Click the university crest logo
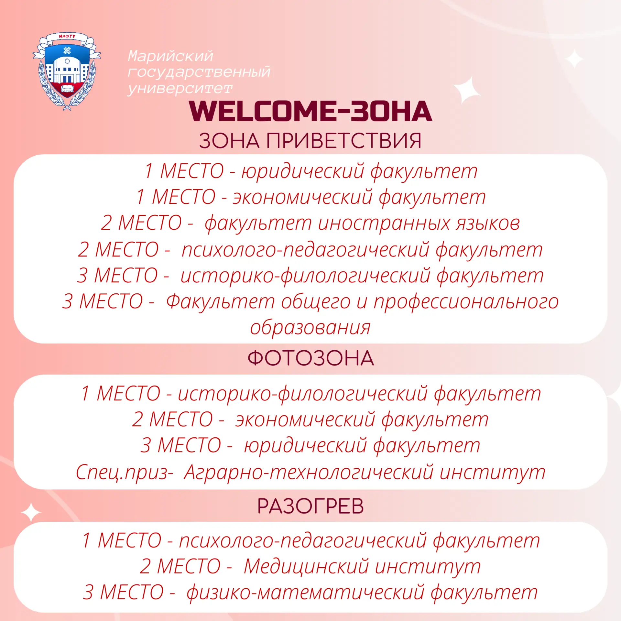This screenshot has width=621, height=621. tap(67, 71)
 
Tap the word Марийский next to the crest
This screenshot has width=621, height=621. tap(170, 56)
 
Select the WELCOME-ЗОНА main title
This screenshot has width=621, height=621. tap(310, 111)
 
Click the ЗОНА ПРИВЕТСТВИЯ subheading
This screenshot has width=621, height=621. tap(310, 141)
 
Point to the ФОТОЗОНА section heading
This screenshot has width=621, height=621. tap(310, 358)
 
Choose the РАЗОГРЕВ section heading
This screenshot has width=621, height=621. tap(310, 506)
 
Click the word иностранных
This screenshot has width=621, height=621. tap(384, 223)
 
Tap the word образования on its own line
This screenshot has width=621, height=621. tap(310, 327)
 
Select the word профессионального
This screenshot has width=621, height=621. tap(466, 302)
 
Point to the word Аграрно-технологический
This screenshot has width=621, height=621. tap(309, 472)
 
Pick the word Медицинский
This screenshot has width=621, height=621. tap(306, 567)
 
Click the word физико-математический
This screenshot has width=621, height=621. tap(305, 593)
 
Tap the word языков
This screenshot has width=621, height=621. tap(488, 223)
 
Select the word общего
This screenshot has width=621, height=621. tap(316, 302)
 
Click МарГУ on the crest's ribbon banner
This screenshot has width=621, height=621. tap(67, 36)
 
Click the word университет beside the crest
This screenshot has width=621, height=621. tap(180, 88)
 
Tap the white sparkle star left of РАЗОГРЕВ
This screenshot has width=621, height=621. tap(31, 513)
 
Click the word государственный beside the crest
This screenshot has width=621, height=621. tap(199, 72)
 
